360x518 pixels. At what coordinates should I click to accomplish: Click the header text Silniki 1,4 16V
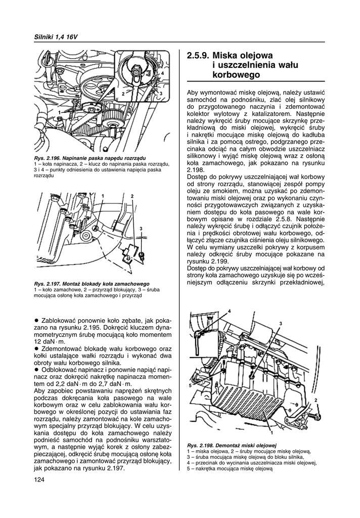pyautogui.click(x=56, y=38)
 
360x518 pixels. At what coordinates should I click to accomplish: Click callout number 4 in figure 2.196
pyautogui.click(x=163, y=73)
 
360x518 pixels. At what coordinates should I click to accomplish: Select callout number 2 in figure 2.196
pyautogui.click(x=122, y=94)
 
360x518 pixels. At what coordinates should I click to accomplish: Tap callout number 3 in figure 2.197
pyautogui.click(x=142, y=229)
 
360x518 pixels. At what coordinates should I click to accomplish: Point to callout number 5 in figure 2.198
pyautogui.click(x=191, y=385)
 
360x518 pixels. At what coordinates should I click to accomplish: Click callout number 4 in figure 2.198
pyautogui.click(x=229, y=310)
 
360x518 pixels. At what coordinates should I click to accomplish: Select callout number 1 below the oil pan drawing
pyautogui.click(x=271, y=434)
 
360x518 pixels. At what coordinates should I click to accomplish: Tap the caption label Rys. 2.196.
pyautogui.click(x=49, y=159)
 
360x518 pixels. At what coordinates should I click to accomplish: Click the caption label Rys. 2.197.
pyautogui.click(x=49, y=284)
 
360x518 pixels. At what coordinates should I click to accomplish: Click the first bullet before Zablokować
pyautogui.click(x=36, y=321)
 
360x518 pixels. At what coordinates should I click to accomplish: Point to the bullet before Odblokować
pyautogui.click(x=36, y=370)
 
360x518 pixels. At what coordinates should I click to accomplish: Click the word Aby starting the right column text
pyautogui.click(x=193, y=94)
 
